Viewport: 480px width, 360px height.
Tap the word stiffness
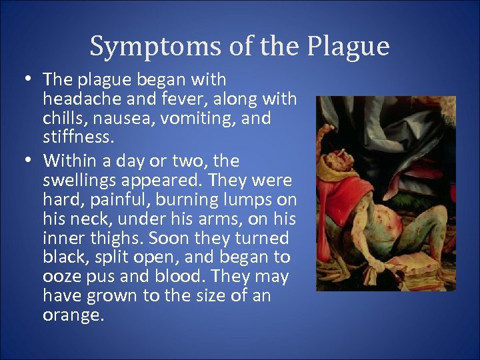coord(76,138)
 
